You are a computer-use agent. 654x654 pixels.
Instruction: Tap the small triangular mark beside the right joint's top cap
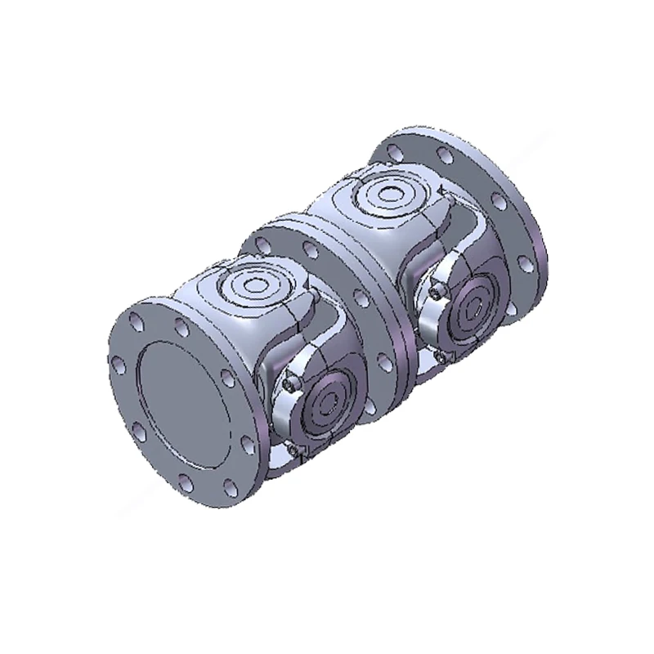[x=442, y=190]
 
